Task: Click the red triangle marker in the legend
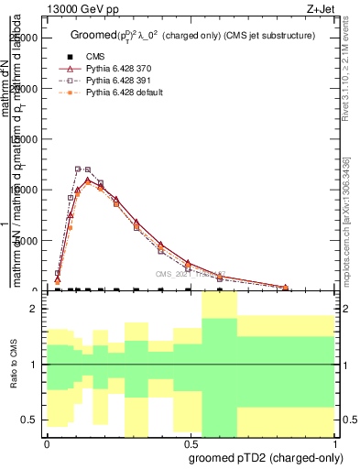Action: pos(71,69)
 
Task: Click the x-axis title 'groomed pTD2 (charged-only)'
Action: pos(265,457)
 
